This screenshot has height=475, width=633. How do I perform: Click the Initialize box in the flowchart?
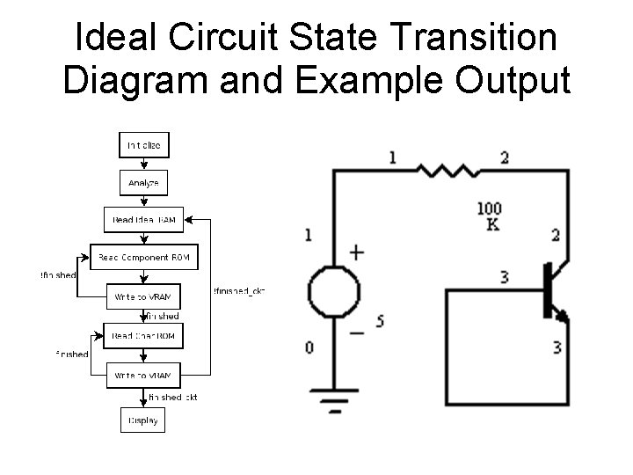pyautogui.click(x=143, y=145)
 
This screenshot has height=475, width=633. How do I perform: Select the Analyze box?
pyautogui.click(x=143, y=182)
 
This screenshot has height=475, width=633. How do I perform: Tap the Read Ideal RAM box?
pyautogui.click(x=144, y=219)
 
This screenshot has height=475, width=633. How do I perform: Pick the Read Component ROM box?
pyautogui.click(x=144, y=258)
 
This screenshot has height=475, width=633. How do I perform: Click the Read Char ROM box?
pyautogui.click(x=143, y=335)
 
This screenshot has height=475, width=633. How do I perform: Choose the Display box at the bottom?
pyautogui.click(x=143, y=420)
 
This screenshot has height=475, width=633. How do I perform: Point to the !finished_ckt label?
pyautogui.click(x=239, y=291)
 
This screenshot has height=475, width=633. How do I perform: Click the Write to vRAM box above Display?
pyautogui.click(x=143, y=375)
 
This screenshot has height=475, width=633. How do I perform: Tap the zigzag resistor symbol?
pyautogui.click(x=446, y=170)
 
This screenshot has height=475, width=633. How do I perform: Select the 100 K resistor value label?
pyautogui.click(x=490, y=216)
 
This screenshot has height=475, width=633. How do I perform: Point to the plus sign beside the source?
pyautogui.click(x=357, y=253)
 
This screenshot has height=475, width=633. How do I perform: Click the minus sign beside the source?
pyautogui.click(x=357, y=333)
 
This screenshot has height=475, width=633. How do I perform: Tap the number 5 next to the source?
pyautogui.click(x=380, y=321)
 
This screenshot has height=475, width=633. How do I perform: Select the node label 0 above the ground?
pyautogui.click(x=309, y=348)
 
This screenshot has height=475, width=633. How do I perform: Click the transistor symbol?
pyautogui.click(x=552, y=291)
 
